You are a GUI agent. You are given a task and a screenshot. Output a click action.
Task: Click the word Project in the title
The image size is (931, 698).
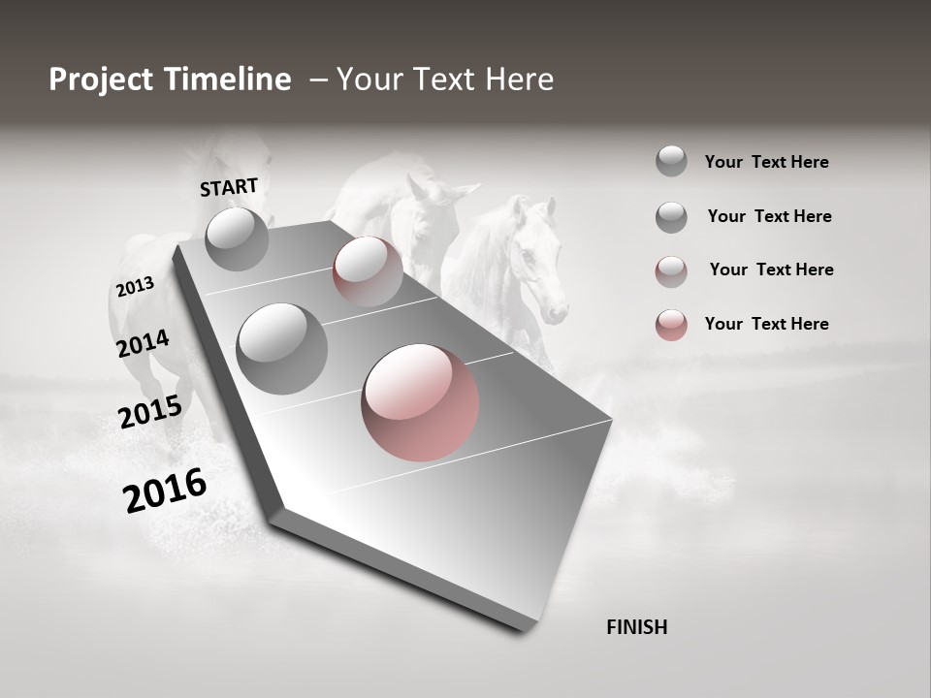tap(102, 80)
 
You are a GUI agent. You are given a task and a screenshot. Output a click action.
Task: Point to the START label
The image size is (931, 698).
tap(229, 187)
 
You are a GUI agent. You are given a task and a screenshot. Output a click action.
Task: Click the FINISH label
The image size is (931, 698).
tap(636, 627)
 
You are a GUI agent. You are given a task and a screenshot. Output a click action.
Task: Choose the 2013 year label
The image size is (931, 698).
tap(135, 287)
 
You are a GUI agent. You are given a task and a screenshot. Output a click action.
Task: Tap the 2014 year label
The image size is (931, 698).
tap(143, 344)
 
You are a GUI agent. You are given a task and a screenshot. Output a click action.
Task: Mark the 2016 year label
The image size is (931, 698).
tap(165, 491)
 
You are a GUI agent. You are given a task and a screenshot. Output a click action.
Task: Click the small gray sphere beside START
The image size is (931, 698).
tap(237, 238)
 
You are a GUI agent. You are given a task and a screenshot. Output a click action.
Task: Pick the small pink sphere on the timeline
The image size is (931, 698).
tap(368, 270)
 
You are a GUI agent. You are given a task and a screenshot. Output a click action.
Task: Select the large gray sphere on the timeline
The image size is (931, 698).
tap(282, 348)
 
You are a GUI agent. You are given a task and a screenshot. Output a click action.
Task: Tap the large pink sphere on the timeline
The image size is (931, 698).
tap(420, 401)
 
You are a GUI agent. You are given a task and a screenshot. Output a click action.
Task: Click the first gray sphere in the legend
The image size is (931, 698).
tap(671, 162)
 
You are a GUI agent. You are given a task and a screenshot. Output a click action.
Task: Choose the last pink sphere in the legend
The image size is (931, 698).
tap(671, 325)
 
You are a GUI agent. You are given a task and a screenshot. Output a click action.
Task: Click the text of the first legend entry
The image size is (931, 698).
tap(766, 163)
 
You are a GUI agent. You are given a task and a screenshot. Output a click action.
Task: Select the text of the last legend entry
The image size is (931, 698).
tap(766, 324)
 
